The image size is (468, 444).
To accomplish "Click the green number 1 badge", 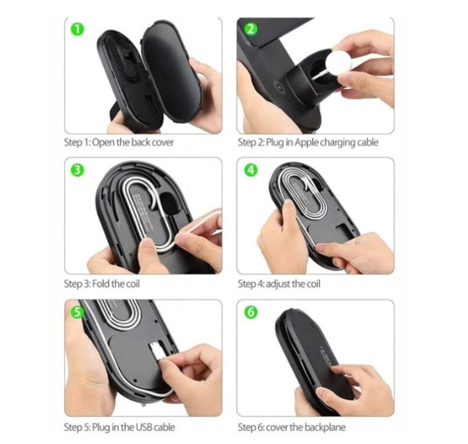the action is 77,30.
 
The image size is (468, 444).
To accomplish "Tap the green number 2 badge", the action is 251,29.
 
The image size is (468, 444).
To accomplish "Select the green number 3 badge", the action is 77,170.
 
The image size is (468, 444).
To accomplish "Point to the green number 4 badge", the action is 251,170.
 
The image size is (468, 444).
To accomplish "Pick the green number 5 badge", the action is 77,312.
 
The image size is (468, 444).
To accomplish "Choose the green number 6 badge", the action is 251,312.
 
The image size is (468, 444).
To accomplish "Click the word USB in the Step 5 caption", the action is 144,427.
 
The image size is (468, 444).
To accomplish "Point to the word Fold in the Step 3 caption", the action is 101,283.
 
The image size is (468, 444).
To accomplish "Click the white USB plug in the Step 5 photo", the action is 157,351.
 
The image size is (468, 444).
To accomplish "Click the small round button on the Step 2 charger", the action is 279,87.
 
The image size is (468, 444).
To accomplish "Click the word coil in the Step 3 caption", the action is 133,283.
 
